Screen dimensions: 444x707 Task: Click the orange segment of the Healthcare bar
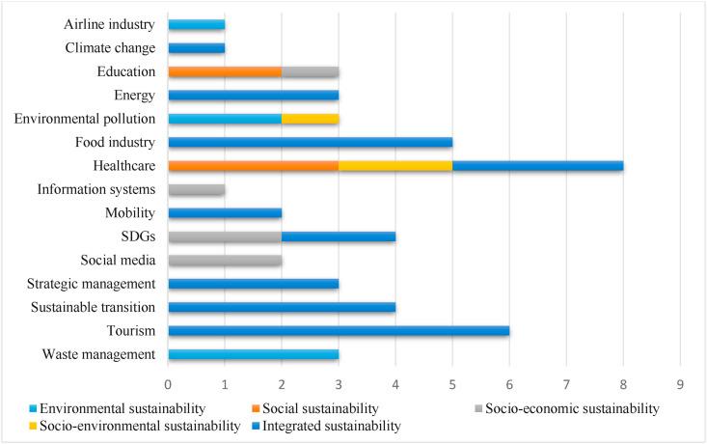(253, 165)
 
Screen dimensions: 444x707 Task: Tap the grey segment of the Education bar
(310, 71)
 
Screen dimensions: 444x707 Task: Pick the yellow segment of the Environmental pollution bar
(310, 119)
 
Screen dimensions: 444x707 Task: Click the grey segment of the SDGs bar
(225, 236)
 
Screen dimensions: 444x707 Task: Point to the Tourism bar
(339, 330)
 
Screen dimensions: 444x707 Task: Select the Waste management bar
(253, 354)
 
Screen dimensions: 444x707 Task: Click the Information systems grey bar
(197, 189)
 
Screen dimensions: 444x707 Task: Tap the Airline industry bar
(197, 24)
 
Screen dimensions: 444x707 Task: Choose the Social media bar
(225, 260)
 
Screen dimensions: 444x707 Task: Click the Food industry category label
(115, 142)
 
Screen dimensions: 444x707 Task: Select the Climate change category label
(110, 47)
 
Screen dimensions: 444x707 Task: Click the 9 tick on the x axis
(681, 382)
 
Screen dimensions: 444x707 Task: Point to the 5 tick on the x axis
(452, 382)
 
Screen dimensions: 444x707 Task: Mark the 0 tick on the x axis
(169, 382)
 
